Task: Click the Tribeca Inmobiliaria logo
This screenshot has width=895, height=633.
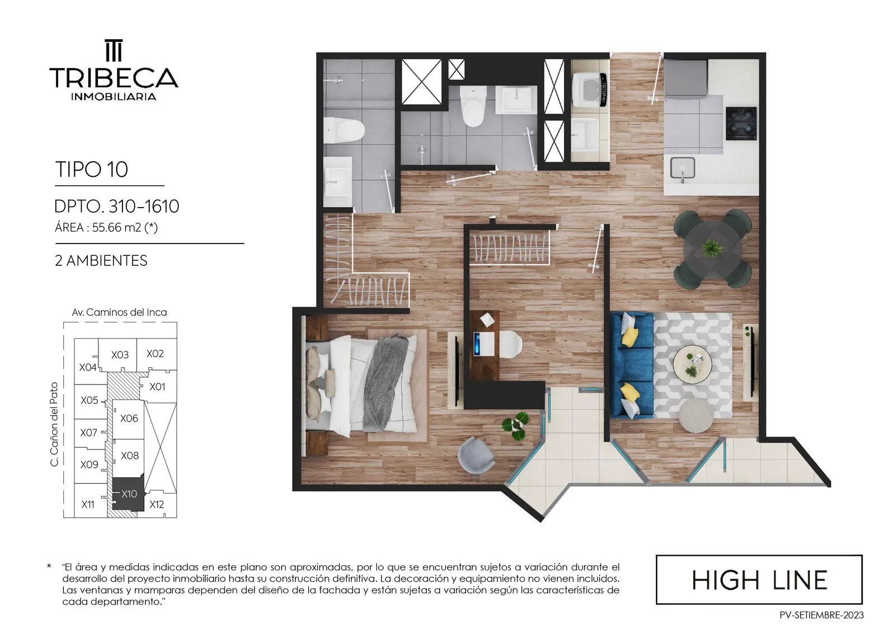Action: [114, 70]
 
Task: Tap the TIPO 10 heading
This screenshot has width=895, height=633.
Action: [92, 169]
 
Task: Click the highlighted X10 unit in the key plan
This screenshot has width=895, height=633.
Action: [128, 494]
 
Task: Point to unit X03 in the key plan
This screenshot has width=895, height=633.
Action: [120, 355]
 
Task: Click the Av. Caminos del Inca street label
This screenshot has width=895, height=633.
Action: [119, 312]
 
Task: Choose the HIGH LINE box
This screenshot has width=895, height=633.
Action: [759, 579]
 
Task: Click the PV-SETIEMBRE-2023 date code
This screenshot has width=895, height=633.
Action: [821, 616]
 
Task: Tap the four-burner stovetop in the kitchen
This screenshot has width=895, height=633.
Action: [741, 124]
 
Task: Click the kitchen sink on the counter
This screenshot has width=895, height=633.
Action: [682, 168]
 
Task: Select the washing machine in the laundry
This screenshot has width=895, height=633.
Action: [590, 90]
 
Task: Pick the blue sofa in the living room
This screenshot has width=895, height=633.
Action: [633, 365]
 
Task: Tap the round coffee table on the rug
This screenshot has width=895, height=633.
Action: [693, 365]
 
